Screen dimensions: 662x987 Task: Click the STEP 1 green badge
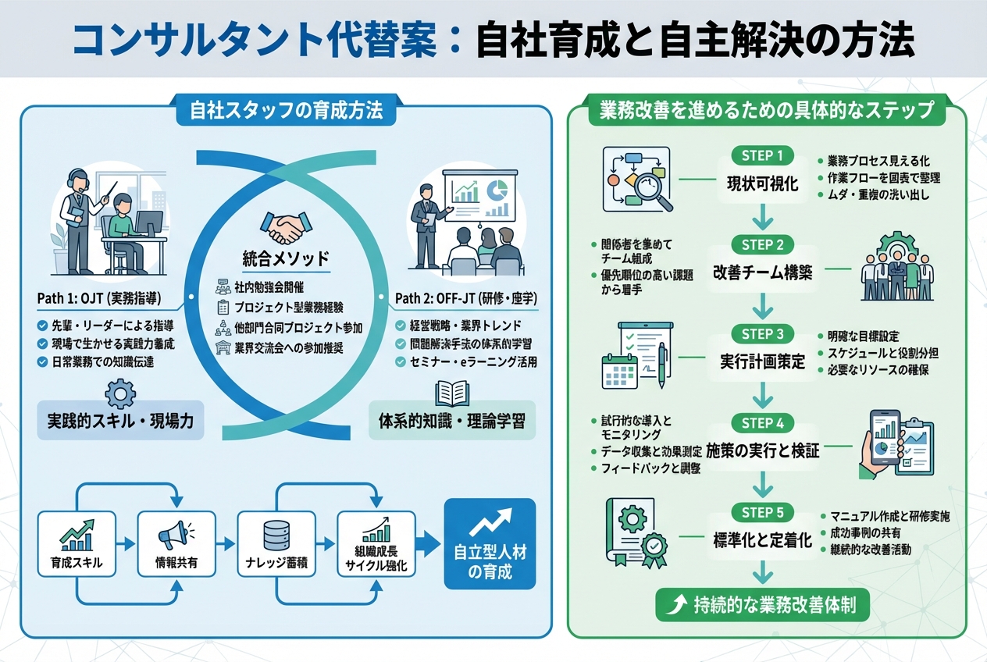pyautogui.click(x=761, y=155)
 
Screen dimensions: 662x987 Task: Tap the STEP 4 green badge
pyautogui.click(x=761, y=423)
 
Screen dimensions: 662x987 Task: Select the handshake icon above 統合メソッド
pyautogui.click(x=285, y=229)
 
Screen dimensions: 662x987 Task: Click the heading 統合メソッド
pyautogui.click(x=286, y=258)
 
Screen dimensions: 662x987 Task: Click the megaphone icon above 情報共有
pyautogui.click(x=175, y=535)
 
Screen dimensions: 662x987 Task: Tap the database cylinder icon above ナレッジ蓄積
pyautogui.click(x=276, y=535)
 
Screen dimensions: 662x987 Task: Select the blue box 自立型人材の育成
pyautogui.click(x=490, y=543)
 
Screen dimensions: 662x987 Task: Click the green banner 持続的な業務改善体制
pyautogui.click(x=762, y=605)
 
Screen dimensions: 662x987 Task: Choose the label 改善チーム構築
pyautogui.click(x=762, y=273)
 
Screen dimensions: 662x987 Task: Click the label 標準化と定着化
pyautogui.click(x=762, y=540)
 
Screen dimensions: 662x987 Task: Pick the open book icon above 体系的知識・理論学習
pyautogui.click(x=452, y=393)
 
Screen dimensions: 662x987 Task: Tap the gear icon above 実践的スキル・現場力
pyautogui.click(x=119, y=393)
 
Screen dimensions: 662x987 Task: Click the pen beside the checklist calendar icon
pyautogui.click(x=662, y=361)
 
